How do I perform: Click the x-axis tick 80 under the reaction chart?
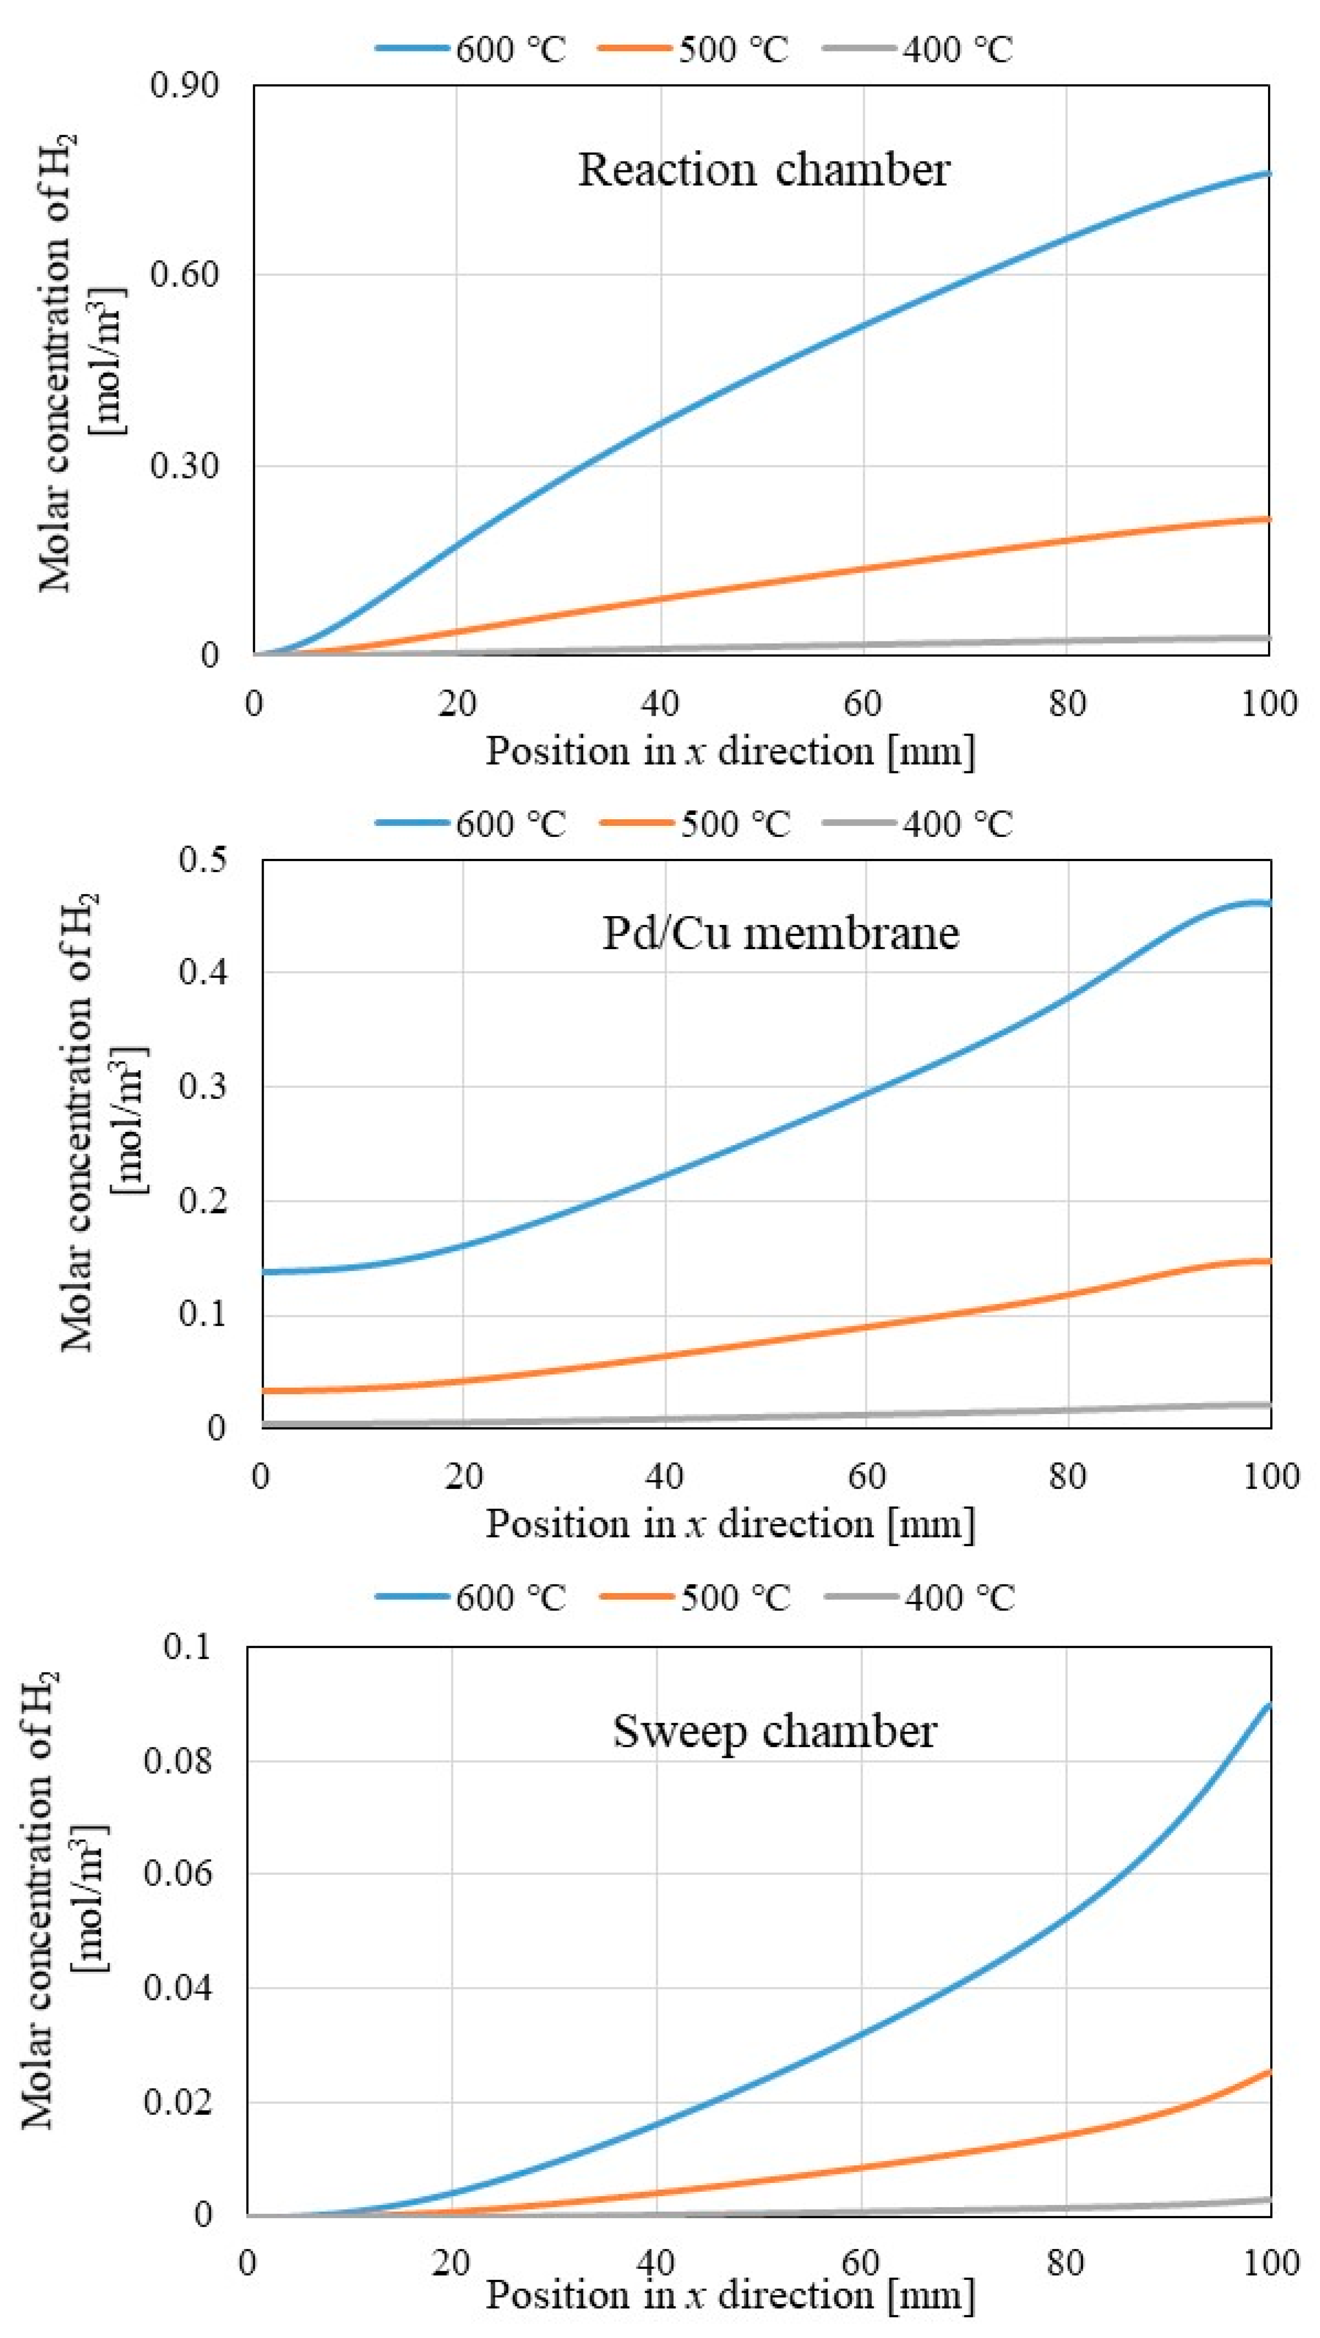(x=1067, y=703)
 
